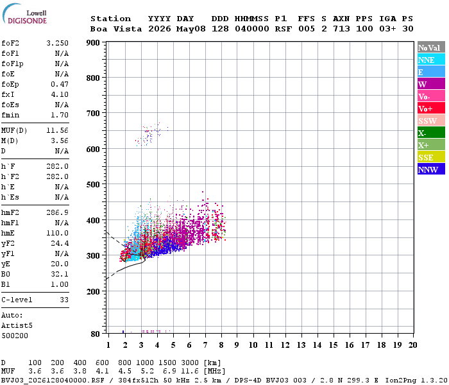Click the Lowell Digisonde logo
pyautogui.click(x=24, y=14)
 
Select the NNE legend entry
pyautogui.click(x=431, y=60)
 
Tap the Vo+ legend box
pyautogui.click(x=431, y=108)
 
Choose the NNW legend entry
pyautogui.click(x=431, y=169)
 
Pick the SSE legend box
pyautogui.click(x=431, y=157)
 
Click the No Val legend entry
pyautogui.click(x=431, y=47)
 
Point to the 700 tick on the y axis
pyautogui.click(x=93, y=113)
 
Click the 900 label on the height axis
pyautogui.click(x=93, y=43)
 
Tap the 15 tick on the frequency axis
pyautogui.click(x=334, y=345)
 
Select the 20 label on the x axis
pyautogui.click(x=412, y=345)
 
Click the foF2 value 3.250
pyautogui.click(x=58, y=43)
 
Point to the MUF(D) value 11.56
pyautogui.click(x=58, y=131)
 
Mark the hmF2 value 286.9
pyautogui.click(x=58, y=212)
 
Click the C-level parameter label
pyautogui.click(x=17, y=300)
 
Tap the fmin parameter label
pyautogui.click(x=10, y=115)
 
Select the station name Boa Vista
pyautogui.click(x=116, y=29)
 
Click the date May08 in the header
pyautogui.click(x=191, y=29)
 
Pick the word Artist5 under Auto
pyautogui.click(x=17, y=326)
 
